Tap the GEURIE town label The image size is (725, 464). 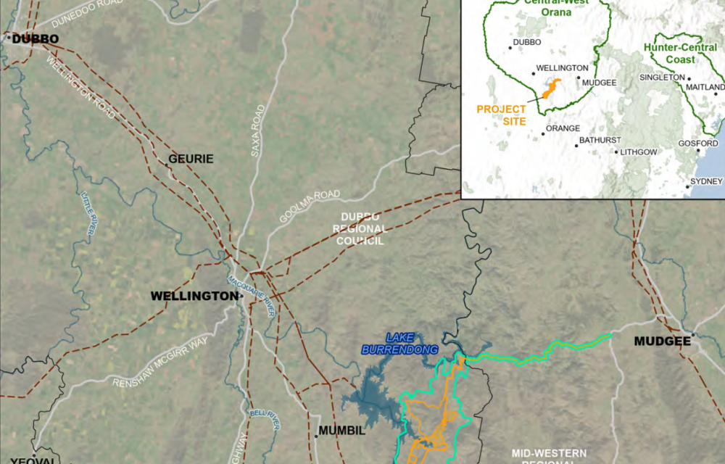pyautogui.click(x=191, y=159)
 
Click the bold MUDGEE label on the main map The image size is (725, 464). pyautogui.click(x=660, y=341)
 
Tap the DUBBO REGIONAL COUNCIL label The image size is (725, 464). pyautogui.click(x=360, y=228)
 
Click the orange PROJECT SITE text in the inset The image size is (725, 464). pyautogui.click(x=501, y=115)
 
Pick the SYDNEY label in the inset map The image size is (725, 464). pyautogui.click(x=707, y=181)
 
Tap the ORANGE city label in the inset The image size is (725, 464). pyautogui.click(x=563, y=128)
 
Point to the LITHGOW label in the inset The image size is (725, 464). pyautogui.click(x=638, y=152)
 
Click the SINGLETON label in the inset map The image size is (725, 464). pyautogui.click(x=662, y=77)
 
